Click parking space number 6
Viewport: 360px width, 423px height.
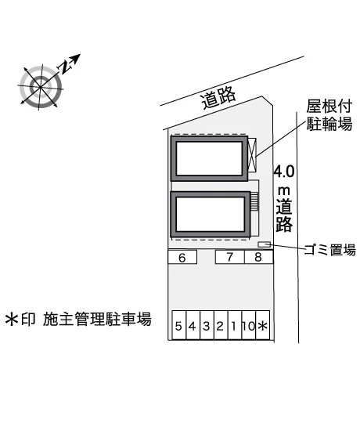(x=182, y=257)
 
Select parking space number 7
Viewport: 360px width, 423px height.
(x=230, y=257)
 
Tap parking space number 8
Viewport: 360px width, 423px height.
(x=259, y=257)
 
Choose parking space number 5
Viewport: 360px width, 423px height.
(x=179, y=325)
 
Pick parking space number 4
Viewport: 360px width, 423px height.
(x=193, y=325)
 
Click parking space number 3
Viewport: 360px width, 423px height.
(x=207, y=325)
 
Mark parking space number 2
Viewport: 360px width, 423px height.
(x=221, y=325)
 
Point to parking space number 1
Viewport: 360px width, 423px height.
(x=235, y=325)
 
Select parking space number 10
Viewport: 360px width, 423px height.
(x=249, y=325)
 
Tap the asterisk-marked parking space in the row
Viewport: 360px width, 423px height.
(x=263, y=325)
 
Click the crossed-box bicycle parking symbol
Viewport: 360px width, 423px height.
(x=252, y=155)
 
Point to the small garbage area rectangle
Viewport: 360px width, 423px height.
(x=264, y=244)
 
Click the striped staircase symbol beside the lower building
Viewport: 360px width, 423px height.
(x=254, y=201)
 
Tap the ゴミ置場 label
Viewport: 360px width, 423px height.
(x=330, y=250)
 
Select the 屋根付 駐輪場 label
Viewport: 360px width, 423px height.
(x=329, y=115)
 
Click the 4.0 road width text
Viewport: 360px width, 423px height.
(x=284, y=172)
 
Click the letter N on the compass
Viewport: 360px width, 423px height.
(x=65, y=67)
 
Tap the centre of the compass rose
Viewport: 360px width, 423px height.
(x=41, y=87)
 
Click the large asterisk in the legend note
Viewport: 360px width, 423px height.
(x=12, y=319)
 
